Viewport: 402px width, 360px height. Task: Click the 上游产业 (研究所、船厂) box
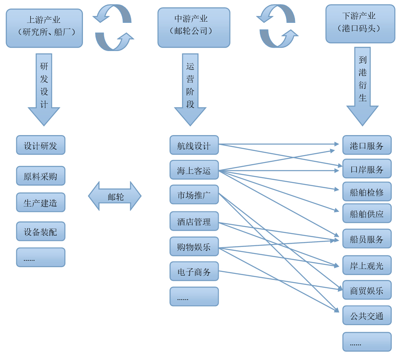[44, 28]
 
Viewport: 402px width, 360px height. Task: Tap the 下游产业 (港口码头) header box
[360, 24]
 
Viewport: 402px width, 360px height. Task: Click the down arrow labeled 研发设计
[44, 88]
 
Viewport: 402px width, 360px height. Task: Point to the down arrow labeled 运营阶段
[190, 88]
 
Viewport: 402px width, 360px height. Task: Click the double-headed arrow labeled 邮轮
[115, 196]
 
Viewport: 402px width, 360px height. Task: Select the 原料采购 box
[40, 176]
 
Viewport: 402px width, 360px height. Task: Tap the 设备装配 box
[40, 231]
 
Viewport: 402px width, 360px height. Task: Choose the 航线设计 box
[194, 145]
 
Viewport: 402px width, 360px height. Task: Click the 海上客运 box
[194, 170]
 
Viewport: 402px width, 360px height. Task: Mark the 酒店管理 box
[194, 221]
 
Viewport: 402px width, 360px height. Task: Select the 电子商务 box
[194, 271]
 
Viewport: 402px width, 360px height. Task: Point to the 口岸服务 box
[366, 169]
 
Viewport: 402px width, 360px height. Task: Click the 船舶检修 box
[366, 191]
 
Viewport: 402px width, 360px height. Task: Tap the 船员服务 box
[366, 238]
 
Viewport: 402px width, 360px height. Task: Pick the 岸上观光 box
[366, 265]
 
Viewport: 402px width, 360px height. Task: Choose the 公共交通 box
[366, 315]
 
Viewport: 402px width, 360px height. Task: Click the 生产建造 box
[40, 202]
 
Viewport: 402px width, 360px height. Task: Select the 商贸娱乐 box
[366, 290]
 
